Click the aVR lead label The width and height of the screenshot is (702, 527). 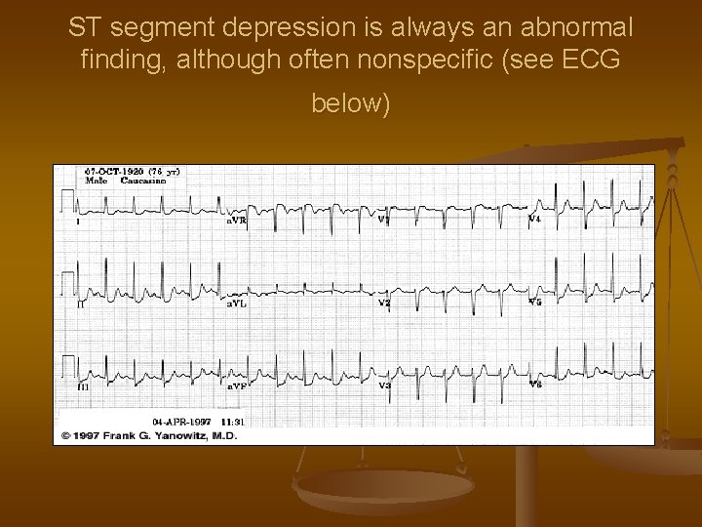click(237, 222)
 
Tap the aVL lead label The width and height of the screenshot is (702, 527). click(237, 304)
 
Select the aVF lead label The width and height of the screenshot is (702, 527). click(237, 386)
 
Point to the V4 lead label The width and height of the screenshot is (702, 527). click(534, 220)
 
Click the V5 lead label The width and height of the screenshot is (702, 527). click(534, 303)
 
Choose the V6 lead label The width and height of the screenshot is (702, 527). click(534, 385)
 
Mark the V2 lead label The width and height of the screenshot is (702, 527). click(384, 304)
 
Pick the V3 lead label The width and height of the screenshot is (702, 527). click(384, 386)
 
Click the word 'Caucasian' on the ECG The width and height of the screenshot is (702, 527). click(145, 181)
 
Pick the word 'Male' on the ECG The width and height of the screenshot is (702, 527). click(96, 181)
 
